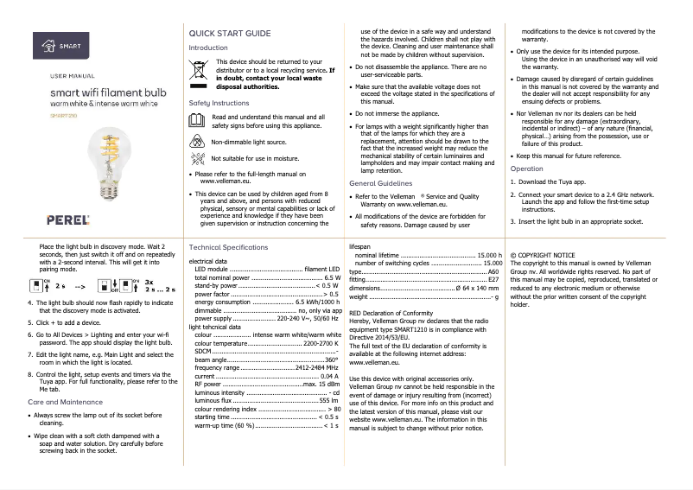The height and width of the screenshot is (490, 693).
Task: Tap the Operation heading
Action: (x=526, y=169)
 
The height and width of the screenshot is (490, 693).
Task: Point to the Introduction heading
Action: (x=208, y=48)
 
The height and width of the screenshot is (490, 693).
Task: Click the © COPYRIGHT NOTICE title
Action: (x=542, y=257)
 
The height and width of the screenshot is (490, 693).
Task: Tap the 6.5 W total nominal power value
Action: (x=331, y=277)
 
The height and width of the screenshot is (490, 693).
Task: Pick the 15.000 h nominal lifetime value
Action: (x=490, y=256)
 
